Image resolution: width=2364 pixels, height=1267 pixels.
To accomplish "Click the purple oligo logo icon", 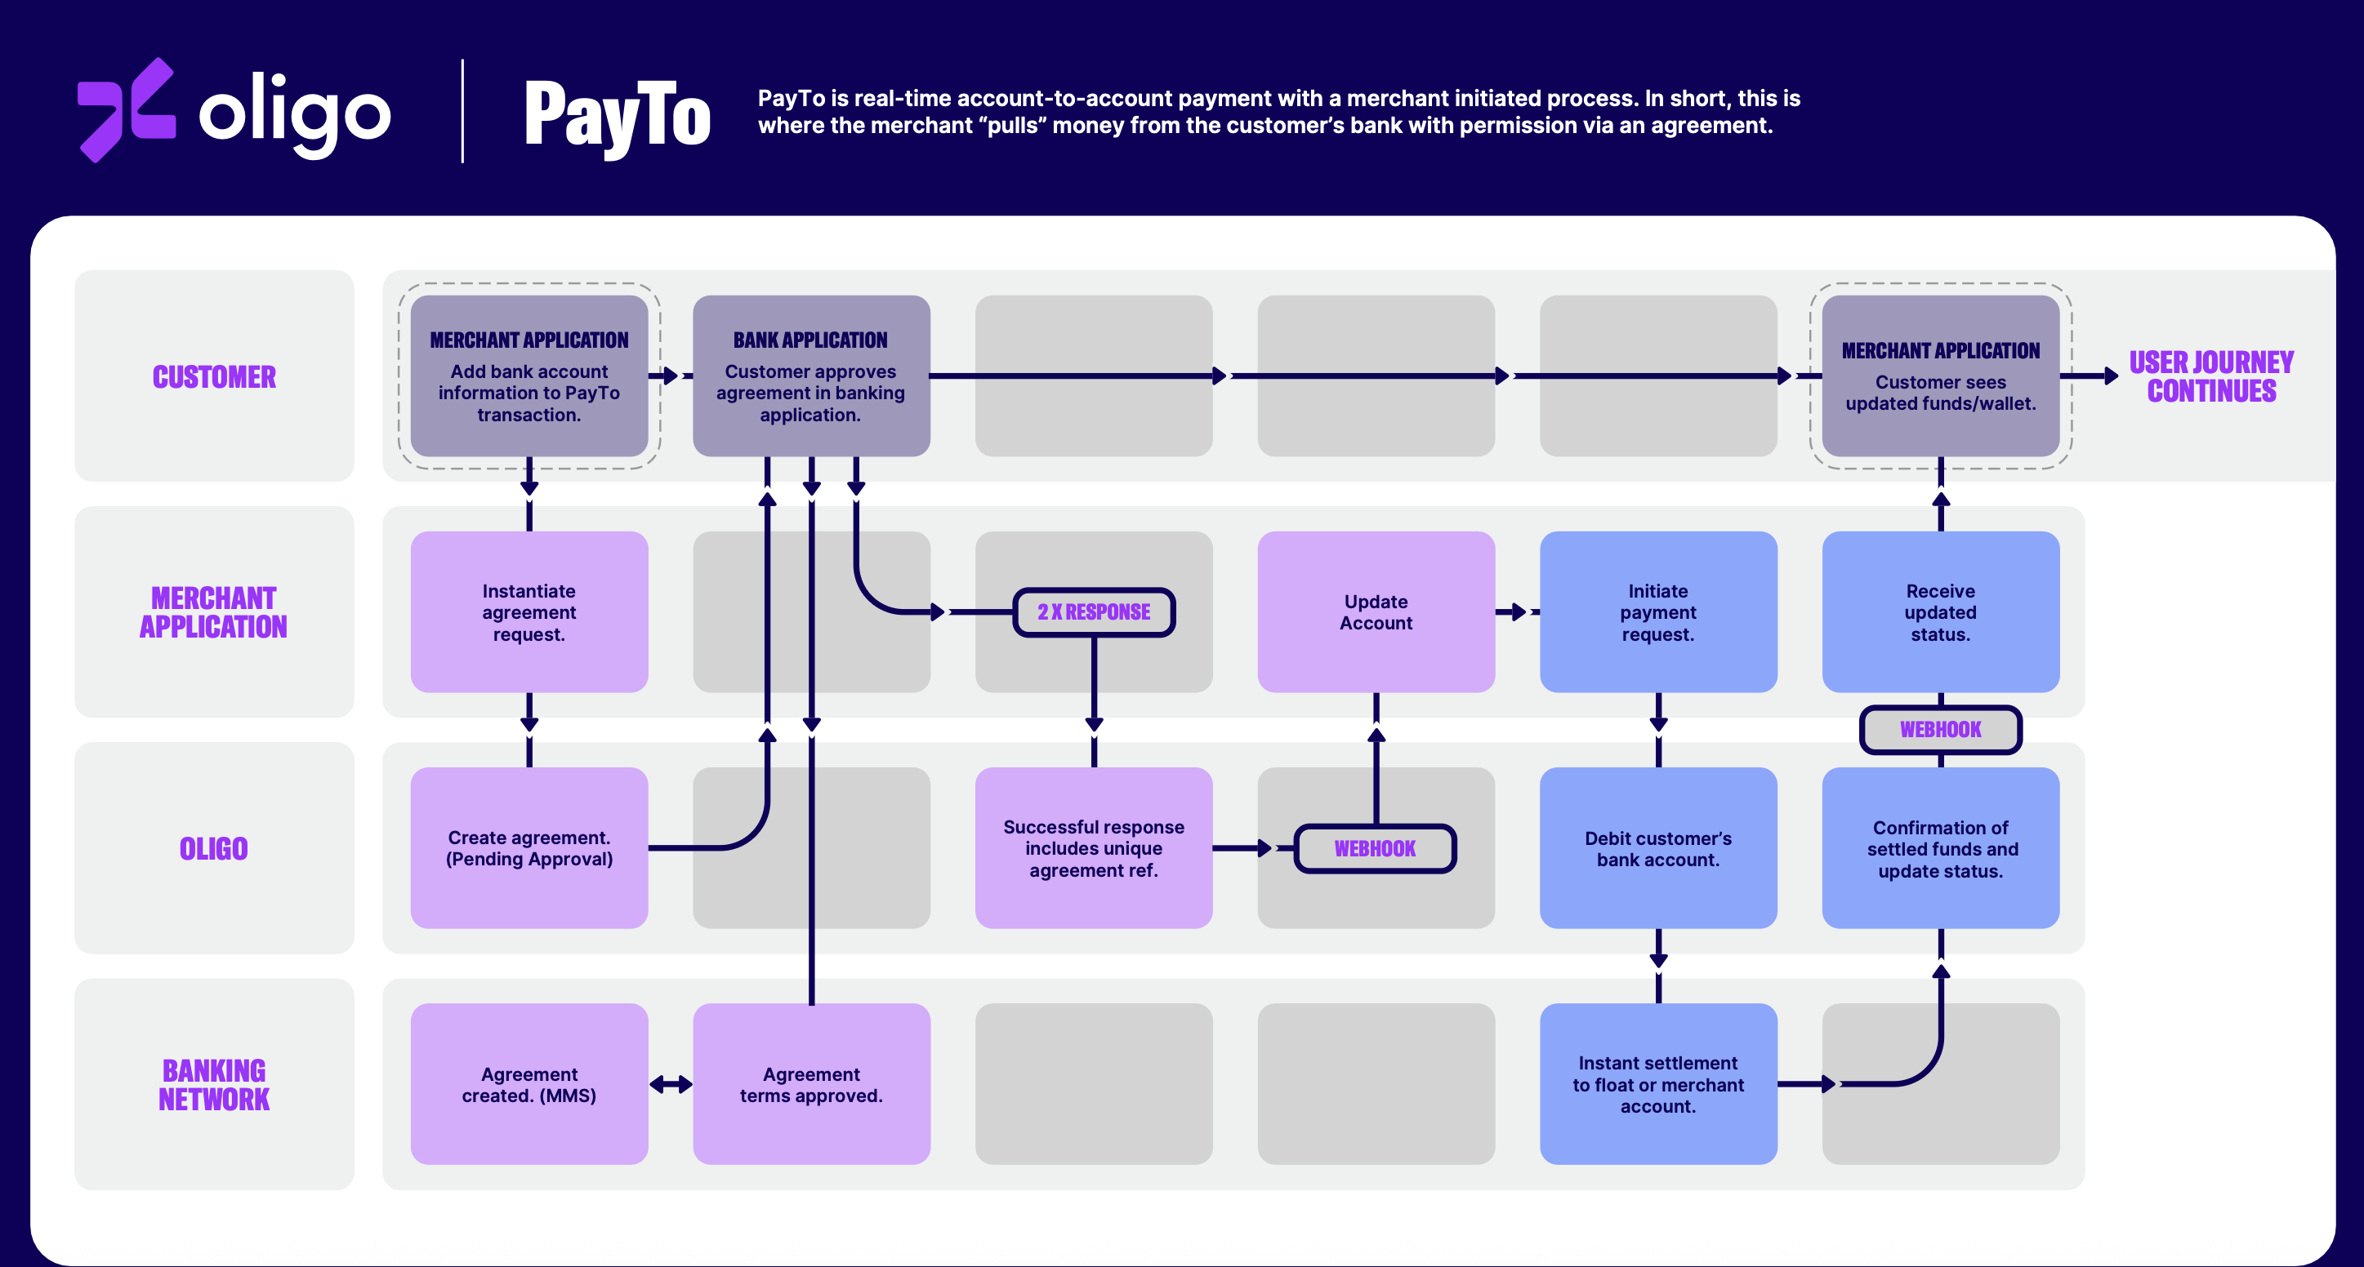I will coord(126,110).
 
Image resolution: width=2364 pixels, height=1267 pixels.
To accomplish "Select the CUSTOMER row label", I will coord(214,376).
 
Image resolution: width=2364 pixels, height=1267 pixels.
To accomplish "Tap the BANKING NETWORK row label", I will coord(214,1084).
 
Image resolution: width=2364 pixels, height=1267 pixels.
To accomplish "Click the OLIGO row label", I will coord(214,849).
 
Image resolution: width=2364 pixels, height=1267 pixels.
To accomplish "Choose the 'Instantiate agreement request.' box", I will coord(529,612).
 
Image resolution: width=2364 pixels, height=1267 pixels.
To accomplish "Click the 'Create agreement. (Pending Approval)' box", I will coord(529,847).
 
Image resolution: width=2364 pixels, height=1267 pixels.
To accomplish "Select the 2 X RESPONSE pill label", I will coord(1093,612).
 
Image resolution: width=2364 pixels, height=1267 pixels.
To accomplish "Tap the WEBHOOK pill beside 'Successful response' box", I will coord(1375,849).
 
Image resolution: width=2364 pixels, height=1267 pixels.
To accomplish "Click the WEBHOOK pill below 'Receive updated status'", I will coord(1940,729).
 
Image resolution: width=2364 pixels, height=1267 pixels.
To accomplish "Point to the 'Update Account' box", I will coord(1376,612).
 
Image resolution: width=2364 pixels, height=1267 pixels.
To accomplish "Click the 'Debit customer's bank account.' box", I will coord(1657,847).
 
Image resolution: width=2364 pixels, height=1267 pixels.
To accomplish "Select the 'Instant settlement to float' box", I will coord(1657,1084).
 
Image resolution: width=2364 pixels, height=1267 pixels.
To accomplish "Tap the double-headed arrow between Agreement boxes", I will coord(671,1084).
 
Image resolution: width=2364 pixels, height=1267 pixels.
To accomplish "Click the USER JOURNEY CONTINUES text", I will coord(2210,376).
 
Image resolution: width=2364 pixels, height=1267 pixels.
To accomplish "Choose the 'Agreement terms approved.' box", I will coord(811,1084).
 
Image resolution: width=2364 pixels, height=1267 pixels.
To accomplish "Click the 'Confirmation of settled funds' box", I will coord(1940,847).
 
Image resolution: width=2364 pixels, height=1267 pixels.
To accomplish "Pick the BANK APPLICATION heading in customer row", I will coord(810,340).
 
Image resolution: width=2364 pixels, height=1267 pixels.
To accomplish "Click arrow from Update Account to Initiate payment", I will coord(1515,612).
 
